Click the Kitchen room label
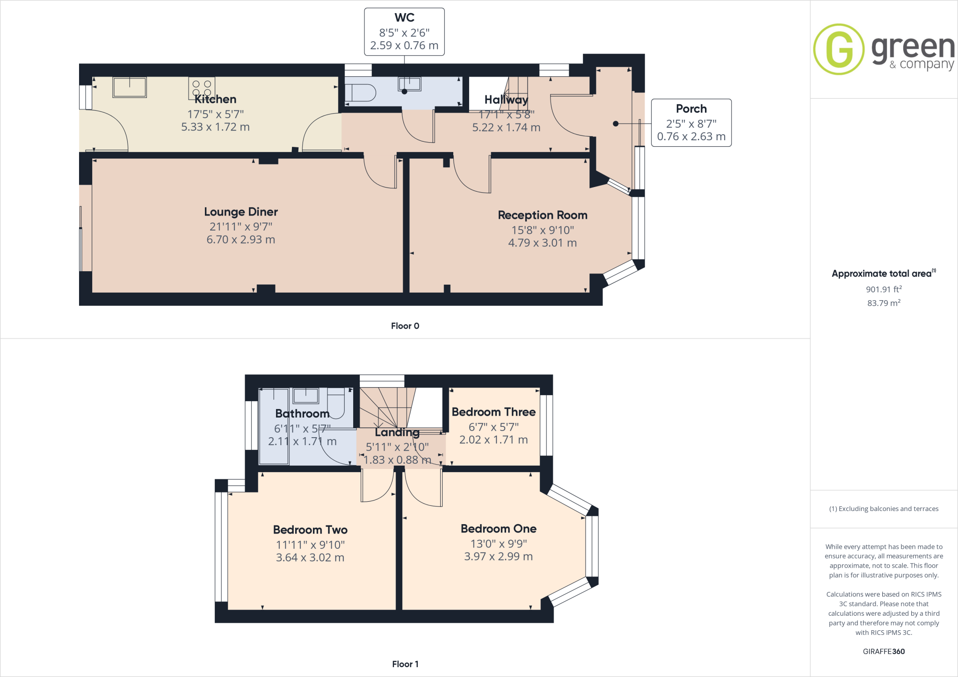(x=215, y=99)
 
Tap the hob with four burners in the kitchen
(x=202, y=87)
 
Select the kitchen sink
(x=130, y=87)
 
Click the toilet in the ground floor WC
(x=360, y=93)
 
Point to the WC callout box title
(x=404, y=18)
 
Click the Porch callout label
(x=691, y=109)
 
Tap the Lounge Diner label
(x=241, y=212)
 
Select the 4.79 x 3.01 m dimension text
(x=542, y=243)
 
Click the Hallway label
(x=506, y=100)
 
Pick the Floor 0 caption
(x=405, y=326)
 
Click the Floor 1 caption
(x=405, y=664)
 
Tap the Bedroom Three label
(x=494, y=412)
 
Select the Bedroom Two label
(x=310, y=530)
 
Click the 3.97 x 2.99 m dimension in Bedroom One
(x=498, y=556)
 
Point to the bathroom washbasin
(x=305, y=396)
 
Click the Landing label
(x=397, y=432)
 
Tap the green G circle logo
(x=839, y=49)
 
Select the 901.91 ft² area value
(x=884, y=289)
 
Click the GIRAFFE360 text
(x=884, y=651)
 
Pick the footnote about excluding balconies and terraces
(x=884, y=509)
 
